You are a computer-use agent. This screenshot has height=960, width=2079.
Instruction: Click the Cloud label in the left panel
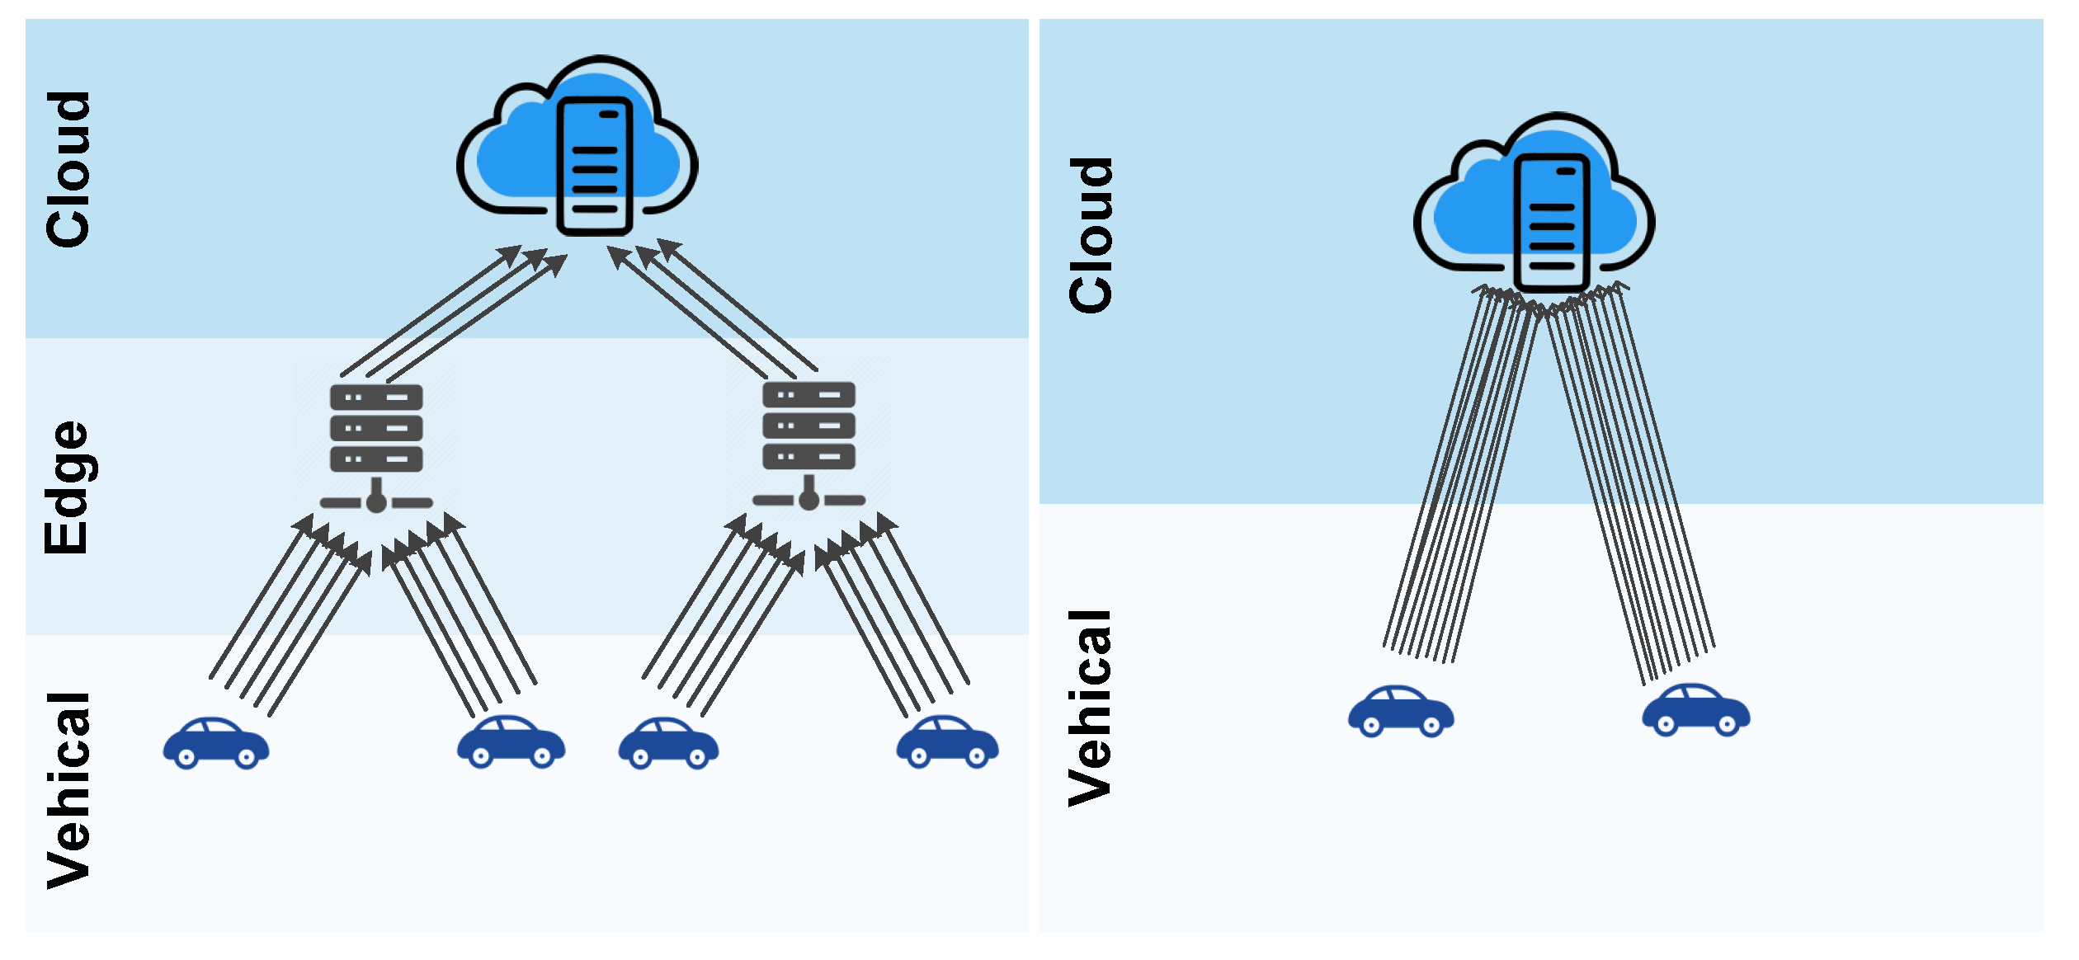68,170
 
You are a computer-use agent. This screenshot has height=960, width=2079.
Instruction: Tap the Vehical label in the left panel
68,790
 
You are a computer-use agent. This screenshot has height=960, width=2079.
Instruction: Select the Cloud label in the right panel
1091,236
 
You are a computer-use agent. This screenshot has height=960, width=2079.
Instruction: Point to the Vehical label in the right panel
1091,708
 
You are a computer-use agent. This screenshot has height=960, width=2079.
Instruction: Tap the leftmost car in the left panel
216,744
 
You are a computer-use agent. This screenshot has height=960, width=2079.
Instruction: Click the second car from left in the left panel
511,742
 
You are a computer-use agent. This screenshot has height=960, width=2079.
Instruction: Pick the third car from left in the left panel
668,744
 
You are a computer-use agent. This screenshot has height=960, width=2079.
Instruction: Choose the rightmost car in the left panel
947,742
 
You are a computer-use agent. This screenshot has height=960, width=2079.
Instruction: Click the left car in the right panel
1401,711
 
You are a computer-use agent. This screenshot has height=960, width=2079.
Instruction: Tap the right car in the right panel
1695,710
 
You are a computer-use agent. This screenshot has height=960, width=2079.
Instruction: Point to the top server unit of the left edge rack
376,398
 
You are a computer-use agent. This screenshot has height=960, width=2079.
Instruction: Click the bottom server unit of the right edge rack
808,456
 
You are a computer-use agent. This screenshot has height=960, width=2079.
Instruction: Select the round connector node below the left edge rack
376,503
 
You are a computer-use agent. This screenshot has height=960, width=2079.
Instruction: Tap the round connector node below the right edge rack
808,501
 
